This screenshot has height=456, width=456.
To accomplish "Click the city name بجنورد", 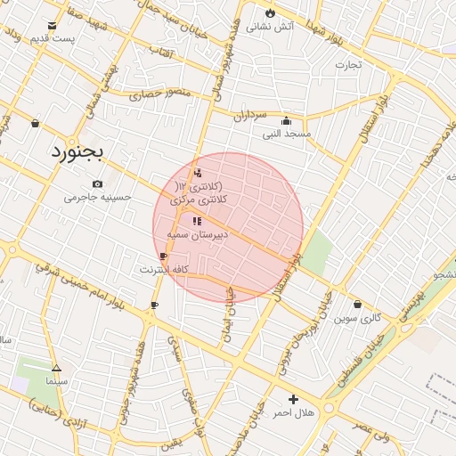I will [77, 152].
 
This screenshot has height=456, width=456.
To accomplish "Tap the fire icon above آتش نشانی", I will [270, 13].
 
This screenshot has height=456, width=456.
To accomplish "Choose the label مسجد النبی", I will [286, 134].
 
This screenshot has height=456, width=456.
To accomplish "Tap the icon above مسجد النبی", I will [286, 121].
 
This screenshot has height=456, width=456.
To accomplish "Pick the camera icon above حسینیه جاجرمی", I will [97, 183].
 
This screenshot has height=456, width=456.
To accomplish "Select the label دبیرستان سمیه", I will [198, 233].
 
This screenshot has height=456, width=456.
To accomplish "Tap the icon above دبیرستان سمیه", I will [197, 220].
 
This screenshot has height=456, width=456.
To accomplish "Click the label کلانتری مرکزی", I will [200, 200].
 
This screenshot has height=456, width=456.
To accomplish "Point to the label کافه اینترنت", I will [164, 268].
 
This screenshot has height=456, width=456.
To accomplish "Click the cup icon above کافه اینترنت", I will [163, 256].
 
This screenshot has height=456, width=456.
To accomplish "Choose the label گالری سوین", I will [357, 317].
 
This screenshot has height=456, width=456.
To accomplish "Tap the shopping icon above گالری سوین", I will [357, 304].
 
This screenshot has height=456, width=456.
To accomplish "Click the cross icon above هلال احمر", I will [293, 399].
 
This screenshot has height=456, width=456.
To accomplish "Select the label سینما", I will [56, 380].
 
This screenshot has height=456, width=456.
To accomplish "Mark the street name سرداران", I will [251, 116].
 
